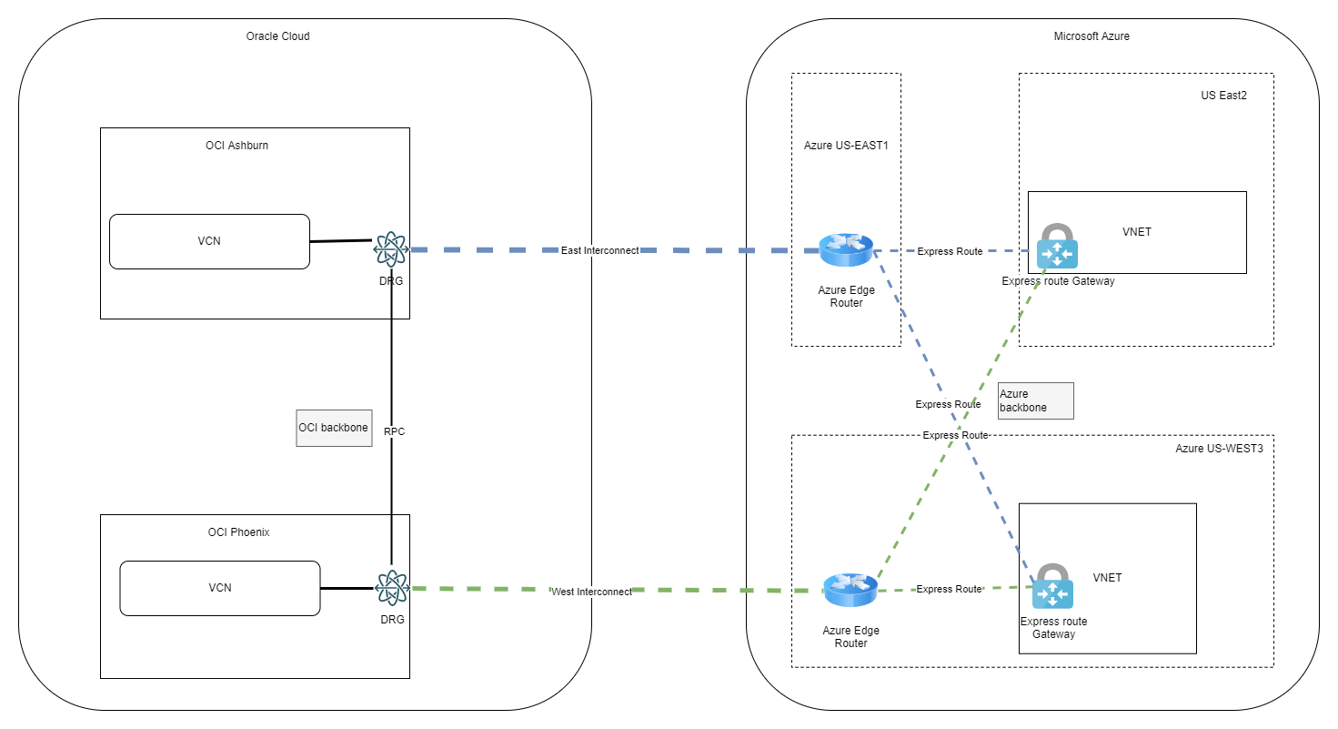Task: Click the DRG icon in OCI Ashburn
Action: pos(391,248)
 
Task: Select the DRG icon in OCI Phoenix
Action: pos(391,588)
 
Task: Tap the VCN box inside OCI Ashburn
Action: pos(209,242)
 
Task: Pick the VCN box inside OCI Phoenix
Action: pos(220,588)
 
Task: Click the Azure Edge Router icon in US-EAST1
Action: pos(846,249)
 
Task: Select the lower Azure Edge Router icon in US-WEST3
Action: pos(850,591)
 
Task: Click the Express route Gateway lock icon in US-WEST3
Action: pos(1052,586)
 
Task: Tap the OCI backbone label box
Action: pos(334,428)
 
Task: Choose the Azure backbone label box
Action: pos(1035,400)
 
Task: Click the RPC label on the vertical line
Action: pos(394,432)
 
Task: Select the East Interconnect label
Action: pos(599,250)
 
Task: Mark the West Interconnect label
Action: pos(591,592)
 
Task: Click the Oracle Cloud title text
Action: pos(278,36)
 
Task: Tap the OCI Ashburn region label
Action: pos(236,145)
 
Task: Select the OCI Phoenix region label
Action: pos(237,532)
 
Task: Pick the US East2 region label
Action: pos(1222,96)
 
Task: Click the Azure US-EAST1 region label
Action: pos(846,146)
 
